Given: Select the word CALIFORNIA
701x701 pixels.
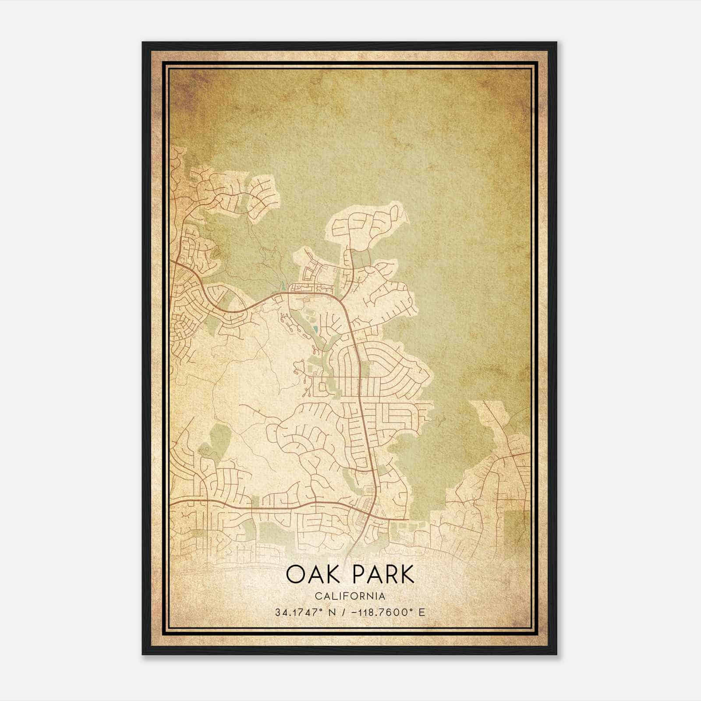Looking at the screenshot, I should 350,596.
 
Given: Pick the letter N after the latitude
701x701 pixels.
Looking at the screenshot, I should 333,612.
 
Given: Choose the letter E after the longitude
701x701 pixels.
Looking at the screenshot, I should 421,612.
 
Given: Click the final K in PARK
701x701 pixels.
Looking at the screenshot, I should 407,575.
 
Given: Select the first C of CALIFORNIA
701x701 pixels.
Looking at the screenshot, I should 317,596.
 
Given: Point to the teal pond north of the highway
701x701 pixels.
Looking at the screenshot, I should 283,284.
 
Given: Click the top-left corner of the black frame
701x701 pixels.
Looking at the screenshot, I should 143,42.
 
